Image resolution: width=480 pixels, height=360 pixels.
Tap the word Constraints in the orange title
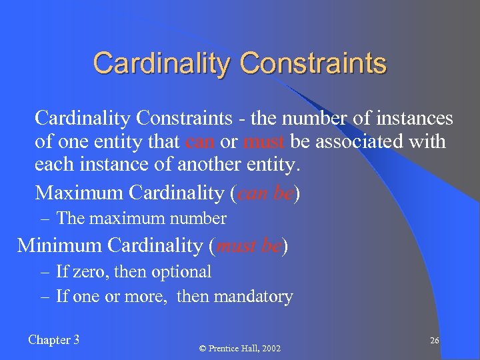click(x=313, y=63)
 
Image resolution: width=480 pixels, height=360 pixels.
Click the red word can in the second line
click(x=199, y=142)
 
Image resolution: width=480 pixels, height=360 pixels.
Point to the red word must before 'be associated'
click(x=265, y=142)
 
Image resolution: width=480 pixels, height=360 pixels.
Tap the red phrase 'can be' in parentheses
click(x=265, y=193)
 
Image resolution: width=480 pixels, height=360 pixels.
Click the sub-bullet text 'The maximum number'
click(x=141, y=218)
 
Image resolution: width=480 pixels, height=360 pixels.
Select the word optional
click(x=181, y=272)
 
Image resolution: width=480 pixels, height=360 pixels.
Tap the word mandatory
click(x=256, y=296)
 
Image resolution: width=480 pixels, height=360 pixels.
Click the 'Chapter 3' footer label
click(x=54, y=340)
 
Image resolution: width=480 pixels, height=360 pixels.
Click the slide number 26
click(x=434, y=341)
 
